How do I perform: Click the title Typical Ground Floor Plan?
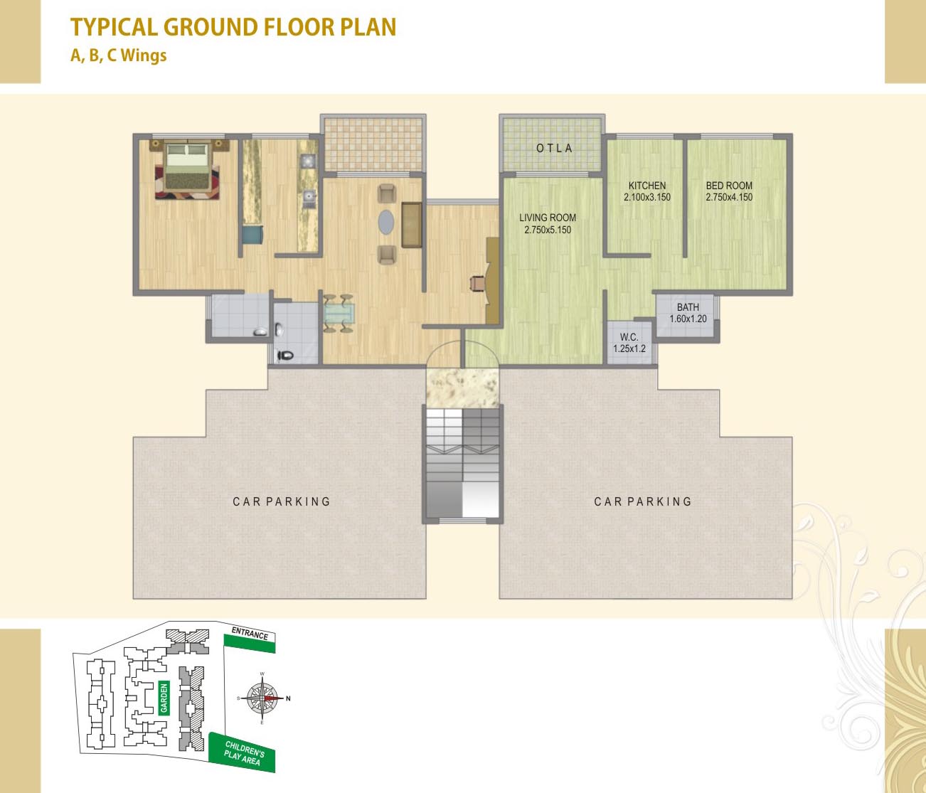pyautogui.click(x=233, y=27)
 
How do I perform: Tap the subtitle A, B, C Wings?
pyautogui.click(x=119, y=55)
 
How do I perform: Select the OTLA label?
pyautogui.click(x=554, y=148)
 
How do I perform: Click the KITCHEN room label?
pyautogui.click(x=647, y=185)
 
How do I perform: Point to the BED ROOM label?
pyautogui.click(x=729, y=185)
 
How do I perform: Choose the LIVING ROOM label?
pyautogui.click(x=548, y=218)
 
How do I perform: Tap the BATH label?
pyautogui.click(x=688, y=307)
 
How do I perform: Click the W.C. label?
pyautogui.click(x=629, y=337)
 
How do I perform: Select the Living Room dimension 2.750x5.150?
pyautogui.click(x=548, y=230)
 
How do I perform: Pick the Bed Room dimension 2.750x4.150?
pyautogui.click(x=729, y=197)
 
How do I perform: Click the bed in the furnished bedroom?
pyautogui.click(x=187, y=168)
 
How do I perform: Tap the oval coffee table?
pyautogui.click(x=385, y=222)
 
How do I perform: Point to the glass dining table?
pyautogui.click(x=339, y=313)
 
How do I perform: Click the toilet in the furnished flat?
pyautogui.click(x=286, y=355)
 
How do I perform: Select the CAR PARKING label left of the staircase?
pyautogui.click(x=282, y=501)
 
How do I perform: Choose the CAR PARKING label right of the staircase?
pyautogui.click(x=643, y=501)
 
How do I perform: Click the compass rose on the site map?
pyautogui.click(x=262, y=698)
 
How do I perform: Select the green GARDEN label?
pyautogui.click(x=164, y=698)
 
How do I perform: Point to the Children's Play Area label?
pyautogui.click(x=243, y=753)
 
